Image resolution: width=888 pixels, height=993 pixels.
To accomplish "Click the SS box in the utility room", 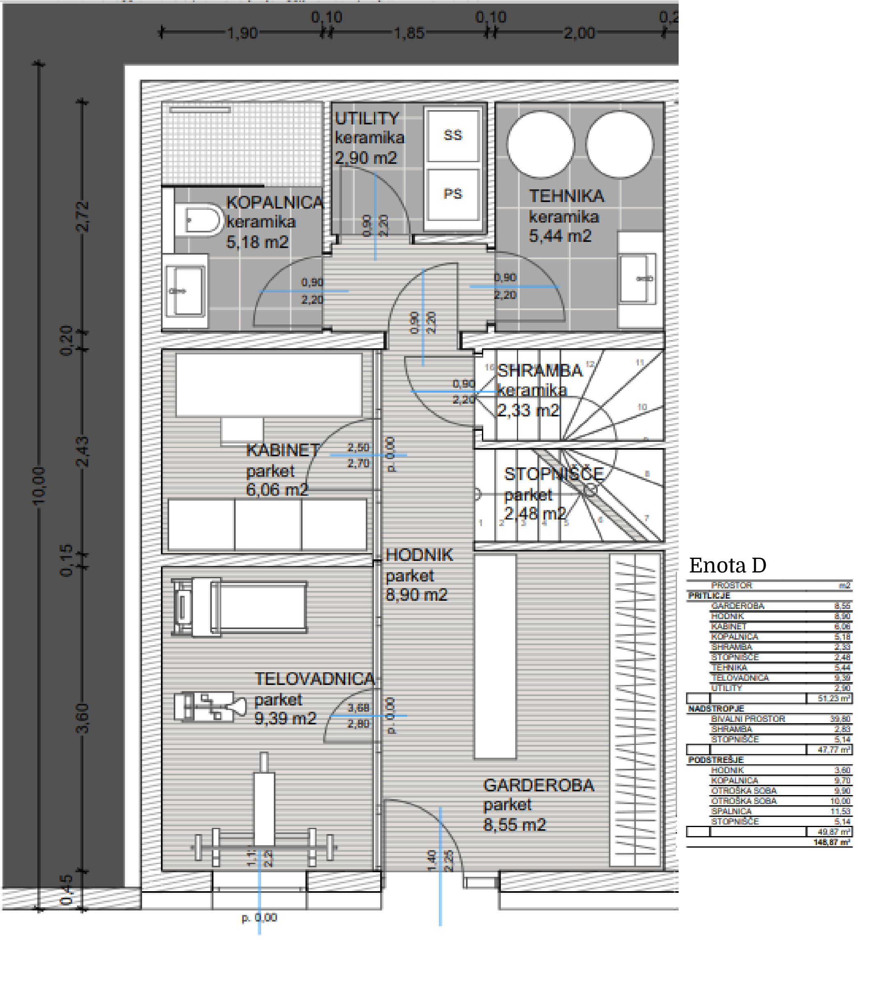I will point(452,135).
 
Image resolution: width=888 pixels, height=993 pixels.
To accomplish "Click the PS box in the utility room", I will point(452,194).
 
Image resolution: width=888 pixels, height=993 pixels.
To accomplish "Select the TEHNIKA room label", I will point(567,195).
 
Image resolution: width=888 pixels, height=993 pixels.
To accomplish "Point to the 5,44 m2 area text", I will point(560,236).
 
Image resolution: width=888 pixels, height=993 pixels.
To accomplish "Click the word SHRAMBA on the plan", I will point(539,370).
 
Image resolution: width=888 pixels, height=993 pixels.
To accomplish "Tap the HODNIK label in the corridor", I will point(419,555).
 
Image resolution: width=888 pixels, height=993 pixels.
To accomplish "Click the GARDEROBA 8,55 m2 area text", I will point(514,825).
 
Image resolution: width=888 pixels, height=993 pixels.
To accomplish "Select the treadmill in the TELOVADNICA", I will point(239,607).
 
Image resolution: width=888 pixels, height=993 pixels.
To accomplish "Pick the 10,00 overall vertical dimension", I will point(39,485).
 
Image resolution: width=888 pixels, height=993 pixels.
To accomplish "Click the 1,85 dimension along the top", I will point(409,33).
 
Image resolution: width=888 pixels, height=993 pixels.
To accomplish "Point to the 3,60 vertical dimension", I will point(83,718).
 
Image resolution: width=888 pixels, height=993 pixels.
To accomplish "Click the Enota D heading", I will point(727,565).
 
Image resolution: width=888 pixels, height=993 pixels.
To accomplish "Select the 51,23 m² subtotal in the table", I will point(833,698).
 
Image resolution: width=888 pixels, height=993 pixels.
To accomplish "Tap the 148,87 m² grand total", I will point(831,842).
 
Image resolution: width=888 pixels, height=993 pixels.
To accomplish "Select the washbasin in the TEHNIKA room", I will point(638,278).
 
